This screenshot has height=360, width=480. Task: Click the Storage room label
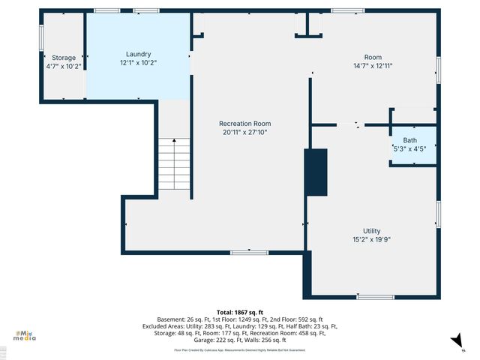tap(64, 58)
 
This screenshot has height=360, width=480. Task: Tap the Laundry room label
tap(138, 54)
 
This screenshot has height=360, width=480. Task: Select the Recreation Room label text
tap(244, 124)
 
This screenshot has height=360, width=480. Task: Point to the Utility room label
tap(371, 231)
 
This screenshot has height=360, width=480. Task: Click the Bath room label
tap(409, 140)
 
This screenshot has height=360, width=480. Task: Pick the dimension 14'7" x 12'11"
tap(373, 66)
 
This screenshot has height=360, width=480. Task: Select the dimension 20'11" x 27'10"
tap(244, 132)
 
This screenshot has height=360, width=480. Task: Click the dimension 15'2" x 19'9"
tap(371, 239)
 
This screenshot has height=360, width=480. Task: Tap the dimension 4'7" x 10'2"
tap(64, 66)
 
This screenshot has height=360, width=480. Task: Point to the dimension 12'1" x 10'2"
tap(138, 63)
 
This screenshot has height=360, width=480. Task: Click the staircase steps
tap(175, 166)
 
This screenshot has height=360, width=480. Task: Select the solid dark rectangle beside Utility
tap(316, 172)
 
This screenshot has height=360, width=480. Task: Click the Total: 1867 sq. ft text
tap(239, 312)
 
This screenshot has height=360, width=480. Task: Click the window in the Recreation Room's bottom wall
tap(249, 253)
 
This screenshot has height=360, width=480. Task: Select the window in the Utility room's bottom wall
tap(375, 297)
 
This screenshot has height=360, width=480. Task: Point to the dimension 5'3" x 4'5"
tap(409, 149)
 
